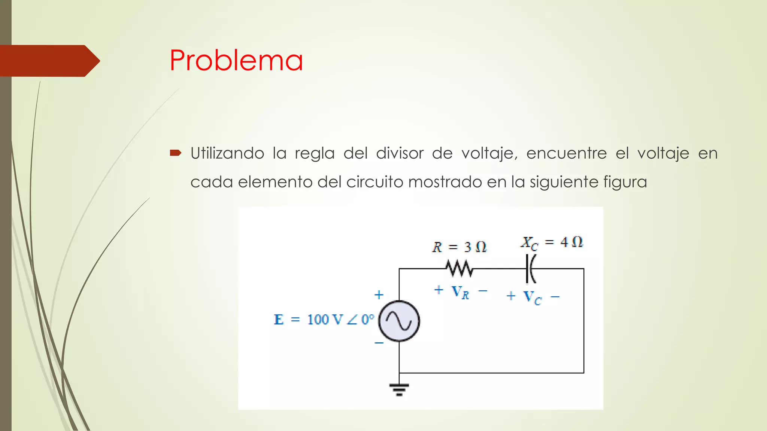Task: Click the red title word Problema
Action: pos(236,60)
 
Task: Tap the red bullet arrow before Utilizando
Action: pos(176,153)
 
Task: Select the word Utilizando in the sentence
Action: pos(227,153)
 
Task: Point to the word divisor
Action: pos(400,153)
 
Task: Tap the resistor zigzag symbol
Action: pos(459,269)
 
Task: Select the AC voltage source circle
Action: pos(399,321)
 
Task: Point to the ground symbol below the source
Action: pos(399,389)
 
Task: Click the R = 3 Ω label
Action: pos(459,247)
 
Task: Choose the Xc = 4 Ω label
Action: pos(552,242)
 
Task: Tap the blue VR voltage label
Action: pos(460,292)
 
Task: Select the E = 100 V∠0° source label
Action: pos(324,320)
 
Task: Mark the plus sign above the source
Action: pos(379,295)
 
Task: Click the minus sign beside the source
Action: pos(379,343)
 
